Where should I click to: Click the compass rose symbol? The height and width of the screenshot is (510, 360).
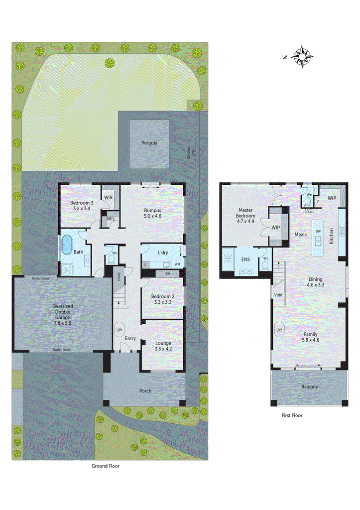tap(301, 56)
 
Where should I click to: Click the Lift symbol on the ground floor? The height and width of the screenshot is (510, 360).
tap(119, 330)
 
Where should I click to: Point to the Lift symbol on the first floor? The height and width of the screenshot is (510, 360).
tap(279, 330)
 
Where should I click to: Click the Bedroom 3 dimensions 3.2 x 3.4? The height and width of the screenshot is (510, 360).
tap(82, 209)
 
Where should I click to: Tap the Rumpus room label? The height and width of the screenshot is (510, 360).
tap(152, 210)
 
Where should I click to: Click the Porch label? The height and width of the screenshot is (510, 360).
tap(145, 391)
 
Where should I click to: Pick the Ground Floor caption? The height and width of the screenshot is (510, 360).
tap(105, 466)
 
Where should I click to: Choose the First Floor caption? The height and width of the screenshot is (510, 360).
tap(291, 415)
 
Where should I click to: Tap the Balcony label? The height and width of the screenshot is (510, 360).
tap(309, 386)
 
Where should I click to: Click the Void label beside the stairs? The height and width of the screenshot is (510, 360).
tap(278, 295)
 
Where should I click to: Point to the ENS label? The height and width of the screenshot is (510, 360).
tap(245, 259)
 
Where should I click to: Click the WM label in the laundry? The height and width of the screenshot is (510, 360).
tap(177, 263)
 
